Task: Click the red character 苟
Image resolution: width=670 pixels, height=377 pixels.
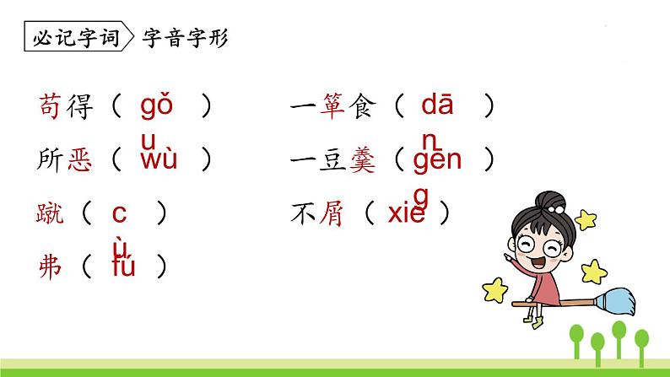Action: [51, 106]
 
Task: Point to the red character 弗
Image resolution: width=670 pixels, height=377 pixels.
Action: [51, 267]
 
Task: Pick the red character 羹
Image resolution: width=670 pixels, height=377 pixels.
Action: [361, 160]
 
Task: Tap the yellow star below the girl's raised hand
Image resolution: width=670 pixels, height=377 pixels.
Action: [498, 288]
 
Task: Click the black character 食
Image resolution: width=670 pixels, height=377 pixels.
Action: [361, 106]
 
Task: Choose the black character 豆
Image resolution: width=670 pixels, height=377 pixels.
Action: [334, 160]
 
